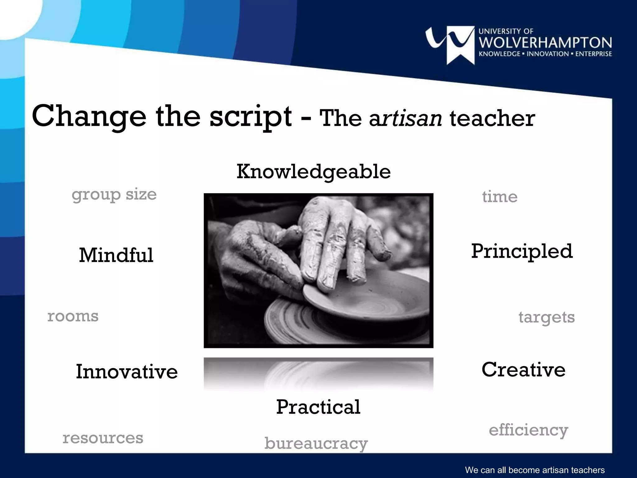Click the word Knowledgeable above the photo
click(314, 172)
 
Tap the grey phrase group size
click(114, 195)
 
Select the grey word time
click(500, 197)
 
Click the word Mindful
click(116, 255)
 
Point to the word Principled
click(522, 251)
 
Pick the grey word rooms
click(73, 316)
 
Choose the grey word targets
click(546, 317)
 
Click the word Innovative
click(127, 372)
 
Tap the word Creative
click(523, 370)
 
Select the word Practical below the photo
click(318, 407)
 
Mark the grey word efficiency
click(528, 430)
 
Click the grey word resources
click(103, 438)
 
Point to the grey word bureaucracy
click(316, 443)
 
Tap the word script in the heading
click(251, 117)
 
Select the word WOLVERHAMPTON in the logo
click(545, 43)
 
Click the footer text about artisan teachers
click(535, 470)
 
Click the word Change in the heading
click(89, 117)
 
